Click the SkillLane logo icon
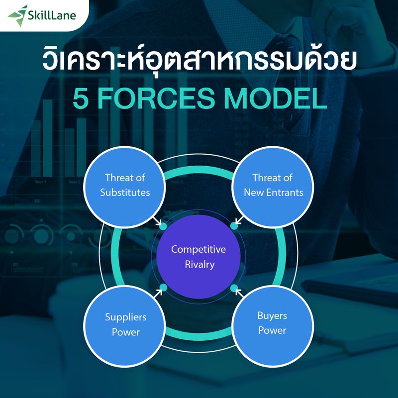tap(18, 14)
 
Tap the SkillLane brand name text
tap(52, 15)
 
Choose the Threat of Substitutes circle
tap(125, 185)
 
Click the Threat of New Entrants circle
tap(273, 185)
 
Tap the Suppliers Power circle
tap(125, 324)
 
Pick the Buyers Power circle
tap(272, 323)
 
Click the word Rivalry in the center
tap(199, 264)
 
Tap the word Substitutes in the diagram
tap(125, 192)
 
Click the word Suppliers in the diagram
tap(125, 317)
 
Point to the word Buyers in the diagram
tap(272, 315)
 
